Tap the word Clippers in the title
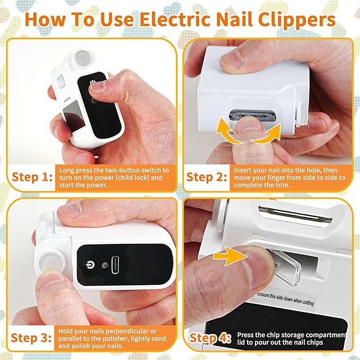pyautogui.click(x=295, y=19)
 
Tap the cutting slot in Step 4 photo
pyautogui.click(x=297, y=214)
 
